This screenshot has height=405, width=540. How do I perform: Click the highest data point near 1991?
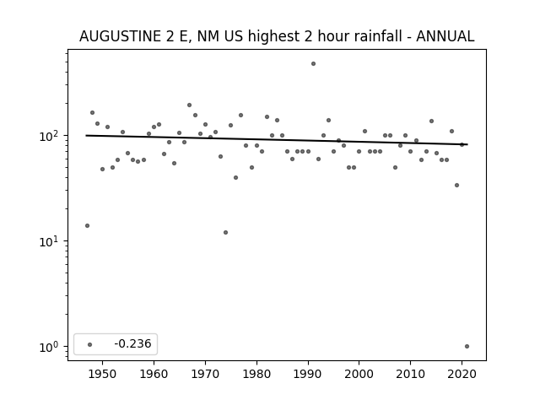point(313,64)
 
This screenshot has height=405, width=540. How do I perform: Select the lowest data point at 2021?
point(467,347)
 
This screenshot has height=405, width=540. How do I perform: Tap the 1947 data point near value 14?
point(87,225)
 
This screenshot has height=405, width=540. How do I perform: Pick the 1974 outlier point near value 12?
point(225,233)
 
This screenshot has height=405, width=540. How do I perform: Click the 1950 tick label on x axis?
point(102,374)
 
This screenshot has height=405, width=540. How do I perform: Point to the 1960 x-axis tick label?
point(154,374)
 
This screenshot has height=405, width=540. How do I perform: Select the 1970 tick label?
point(205,374)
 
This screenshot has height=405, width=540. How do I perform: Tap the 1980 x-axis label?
point(256,374)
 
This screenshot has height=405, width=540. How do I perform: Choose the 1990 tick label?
point(308,374)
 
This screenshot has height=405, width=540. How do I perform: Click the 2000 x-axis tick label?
point(359,374)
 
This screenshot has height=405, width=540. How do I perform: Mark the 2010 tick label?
point(411,374)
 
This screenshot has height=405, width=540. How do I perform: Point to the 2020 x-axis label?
point(462,374)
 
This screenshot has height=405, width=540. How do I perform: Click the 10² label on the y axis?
point(51,136)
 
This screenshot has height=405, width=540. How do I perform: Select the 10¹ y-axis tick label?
point(51,241)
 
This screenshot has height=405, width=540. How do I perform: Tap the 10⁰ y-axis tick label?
point(51,347)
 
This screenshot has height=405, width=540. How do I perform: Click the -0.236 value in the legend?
point(132,343)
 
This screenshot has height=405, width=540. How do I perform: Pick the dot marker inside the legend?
point(89,344)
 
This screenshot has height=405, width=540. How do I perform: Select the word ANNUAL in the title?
point(445,36)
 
